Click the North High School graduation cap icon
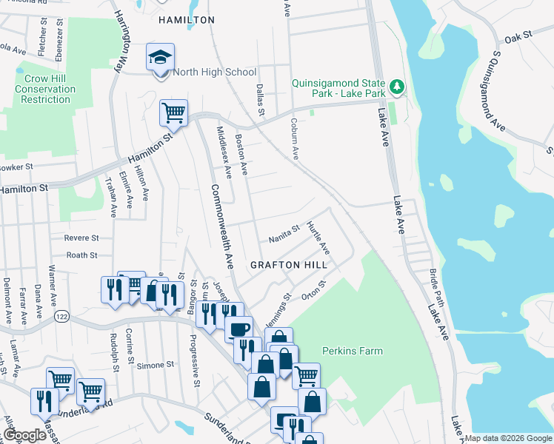158,58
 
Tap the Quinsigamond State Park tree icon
398,87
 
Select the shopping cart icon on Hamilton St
173,113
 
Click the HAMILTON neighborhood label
187,21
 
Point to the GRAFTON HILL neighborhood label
284,265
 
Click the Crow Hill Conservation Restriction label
45,89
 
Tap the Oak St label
518,36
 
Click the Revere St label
81,238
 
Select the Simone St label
155,365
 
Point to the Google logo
24,435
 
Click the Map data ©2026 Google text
508,438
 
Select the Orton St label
313,291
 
